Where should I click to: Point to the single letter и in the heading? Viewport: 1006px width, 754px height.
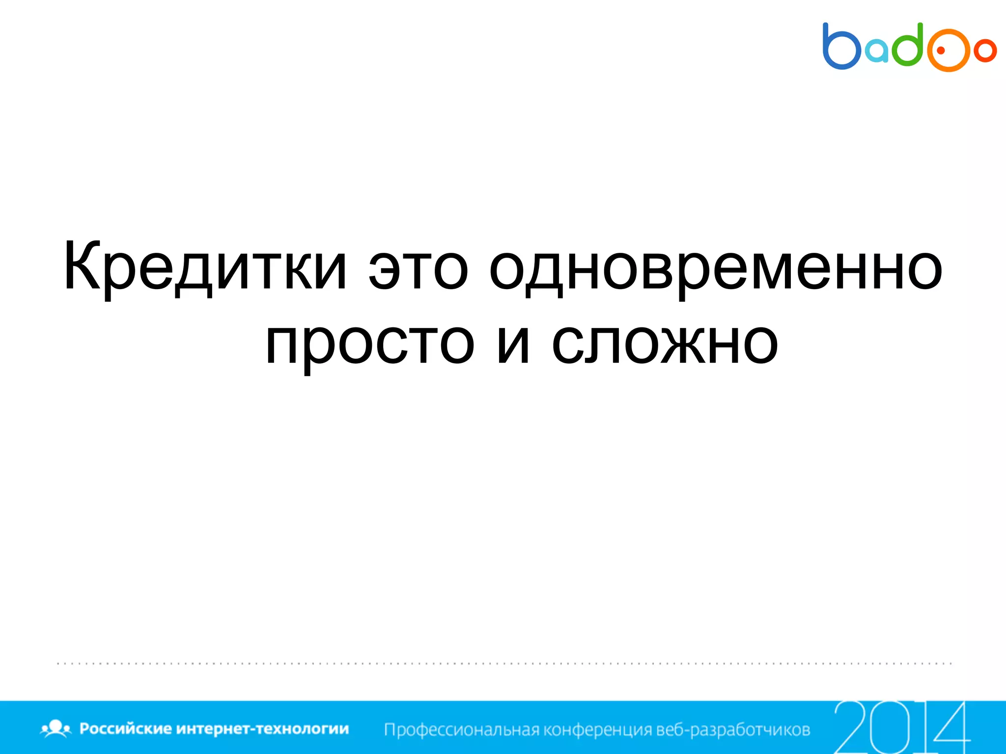pyautogui.click(x=514, y=343)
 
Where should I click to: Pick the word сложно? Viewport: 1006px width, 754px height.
pyautogui.click(x=665, y=343)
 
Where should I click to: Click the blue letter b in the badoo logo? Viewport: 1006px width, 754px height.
pyautogui.click(x=841, y=47)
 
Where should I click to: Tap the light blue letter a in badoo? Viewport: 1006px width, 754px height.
pyautogui.click(x=877, y=51)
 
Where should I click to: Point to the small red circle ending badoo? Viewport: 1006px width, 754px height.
pyautogui.click(x=985, y=50)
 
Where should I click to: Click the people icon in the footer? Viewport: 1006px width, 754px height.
pyautogui.click(x=56, y=728)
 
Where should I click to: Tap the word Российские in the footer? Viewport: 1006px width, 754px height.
pyautogui.click(x=125, y=728)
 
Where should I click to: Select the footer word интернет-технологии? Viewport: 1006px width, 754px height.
pyautogui.click(x=262, y=728)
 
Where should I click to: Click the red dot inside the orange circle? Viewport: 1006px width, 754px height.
pyautogui.click(x=941, y=50)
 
